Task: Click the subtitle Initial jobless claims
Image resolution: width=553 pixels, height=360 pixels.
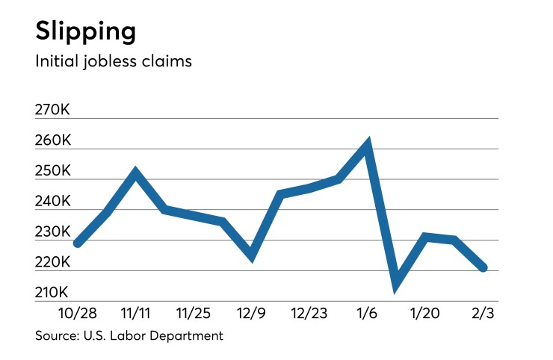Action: click(x=114, y=61)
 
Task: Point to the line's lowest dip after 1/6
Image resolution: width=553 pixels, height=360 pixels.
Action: click(x=396, y=282)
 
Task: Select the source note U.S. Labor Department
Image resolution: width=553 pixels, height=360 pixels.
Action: click(x=129, y=336)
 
